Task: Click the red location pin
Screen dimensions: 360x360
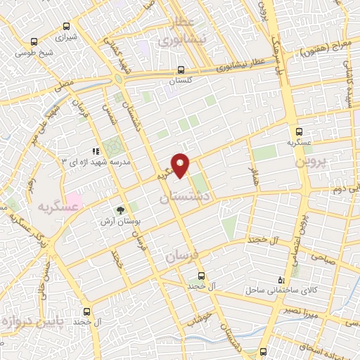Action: (181, 165)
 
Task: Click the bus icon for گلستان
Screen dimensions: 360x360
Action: (181, 70)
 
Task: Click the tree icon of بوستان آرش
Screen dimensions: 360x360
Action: (121, 209)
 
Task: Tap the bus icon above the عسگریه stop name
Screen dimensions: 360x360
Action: (300, 131)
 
